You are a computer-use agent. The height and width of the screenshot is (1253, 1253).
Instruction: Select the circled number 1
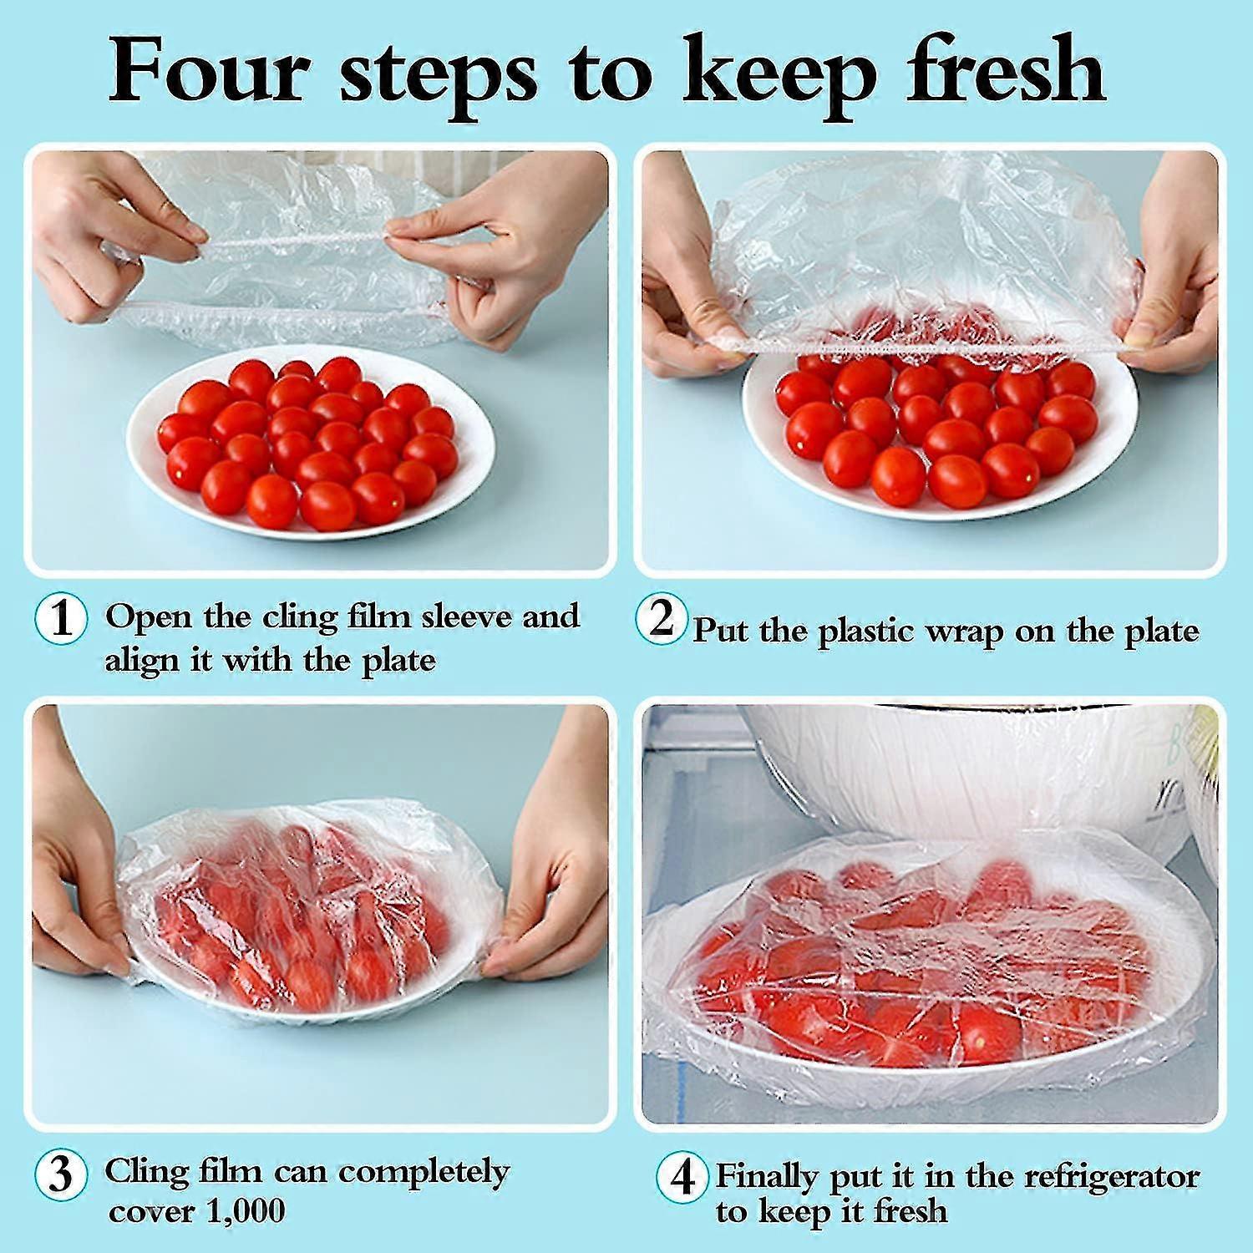point(61,619)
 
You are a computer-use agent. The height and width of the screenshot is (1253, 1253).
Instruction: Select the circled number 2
point(661,619)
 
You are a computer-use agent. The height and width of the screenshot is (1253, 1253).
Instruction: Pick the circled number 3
point(61,1174)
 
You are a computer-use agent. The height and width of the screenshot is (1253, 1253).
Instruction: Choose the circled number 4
point(682,1178)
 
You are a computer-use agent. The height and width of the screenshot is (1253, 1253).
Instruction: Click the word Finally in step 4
point(769,1178)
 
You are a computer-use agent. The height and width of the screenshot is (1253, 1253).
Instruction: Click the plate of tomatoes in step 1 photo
point(309,443)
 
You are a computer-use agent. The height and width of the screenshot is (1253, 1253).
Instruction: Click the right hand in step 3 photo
point(555,877)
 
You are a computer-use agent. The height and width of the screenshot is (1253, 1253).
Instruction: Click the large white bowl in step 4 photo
point(961,769)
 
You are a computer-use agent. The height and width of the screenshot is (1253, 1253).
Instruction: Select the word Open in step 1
point(148,618)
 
